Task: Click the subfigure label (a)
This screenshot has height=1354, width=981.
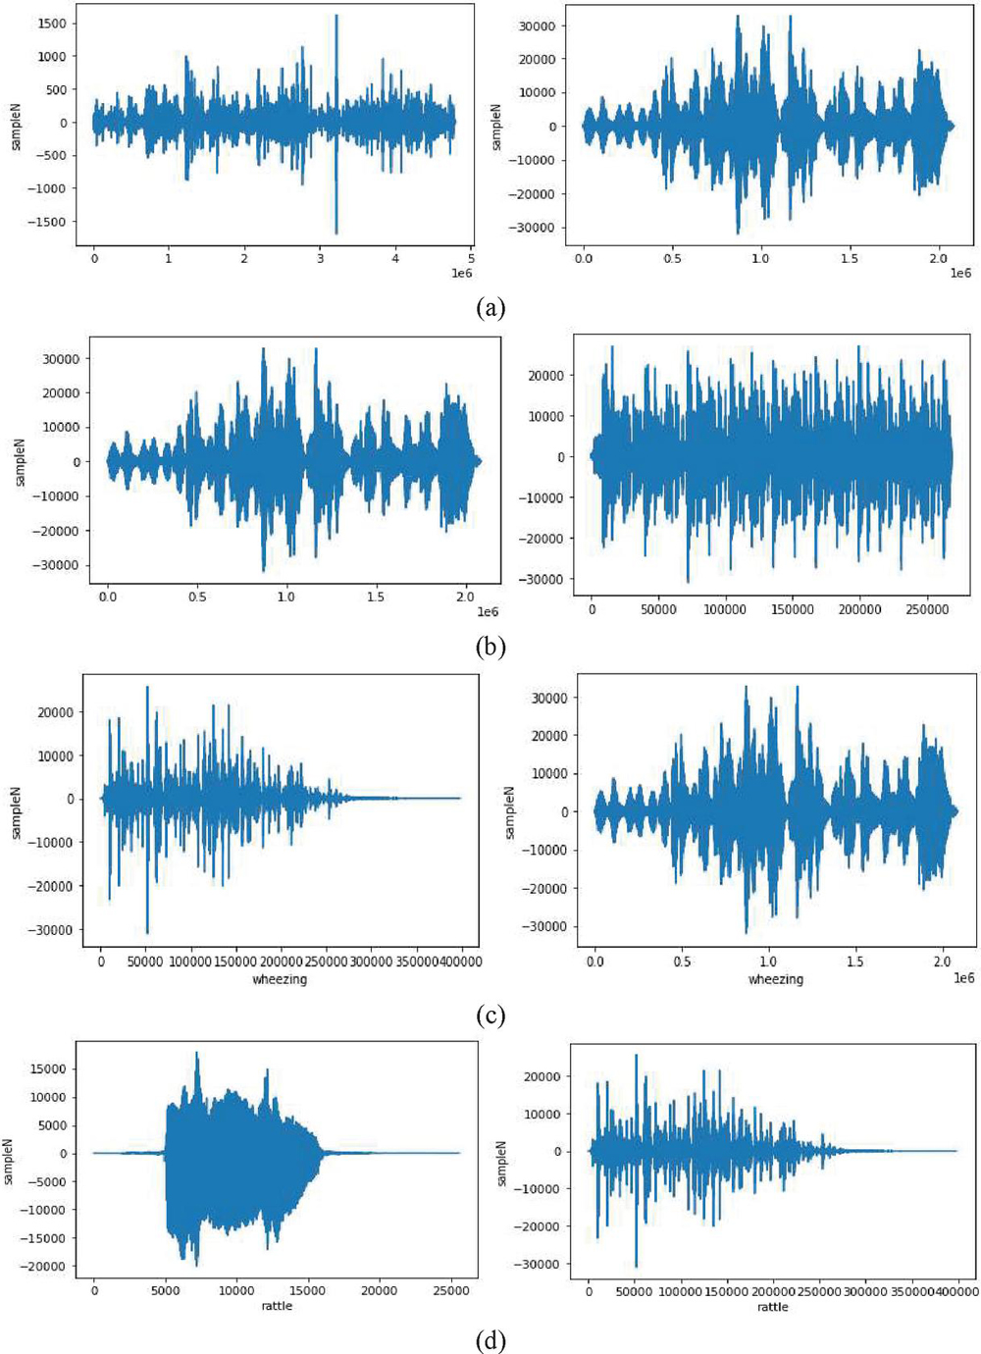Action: (x=490, y=308)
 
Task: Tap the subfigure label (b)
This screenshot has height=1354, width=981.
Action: (x=490, y=647)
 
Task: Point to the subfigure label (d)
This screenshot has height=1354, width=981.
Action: (x=490, y=1340)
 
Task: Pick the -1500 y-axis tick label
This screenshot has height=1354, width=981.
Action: (x=46, y=223)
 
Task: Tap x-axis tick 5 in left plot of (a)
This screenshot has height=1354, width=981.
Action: (x=471, y=258)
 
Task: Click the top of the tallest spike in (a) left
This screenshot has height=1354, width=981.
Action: (x=336, y=16)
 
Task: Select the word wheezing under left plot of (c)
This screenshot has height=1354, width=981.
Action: (x=280, y=979)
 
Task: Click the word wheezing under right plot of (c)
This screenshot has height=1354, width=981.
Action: (x=775, y=979)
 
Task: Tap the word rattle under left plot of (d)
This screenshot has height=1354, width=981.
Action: (x=277, y=1306)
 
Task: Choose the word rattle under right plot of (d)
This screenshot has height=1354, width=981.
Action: (x=772, y=1307)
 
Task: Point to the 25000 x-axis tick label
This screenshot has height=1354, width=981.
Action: (x=451, y=1291)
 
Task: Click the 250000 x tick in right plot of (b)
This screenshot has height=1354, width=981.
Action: (x=925, y=609)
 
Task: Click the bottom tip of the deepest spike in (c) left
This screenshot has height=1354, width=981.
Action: (x=147, y=933)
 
